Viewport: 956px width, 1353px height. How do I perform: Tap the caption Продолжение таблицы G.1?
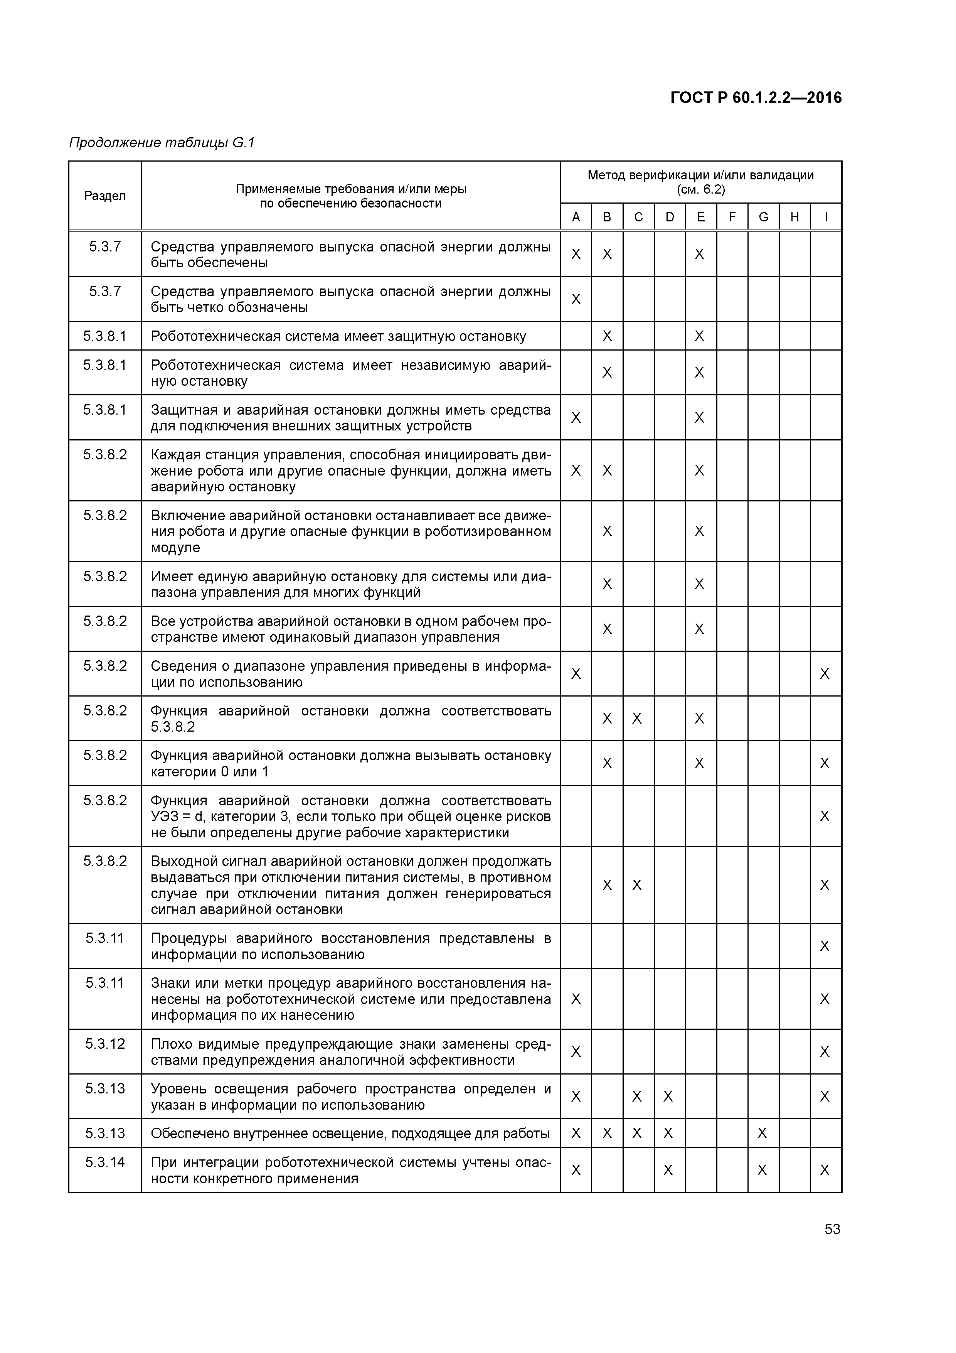[162, 143]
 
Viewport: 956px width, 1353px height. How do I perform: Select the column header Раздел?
[105, 196]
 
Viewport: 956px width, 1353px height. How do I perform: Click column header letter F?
[732, 217]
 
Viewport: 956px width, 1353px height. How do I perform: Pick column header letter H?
[794, 217]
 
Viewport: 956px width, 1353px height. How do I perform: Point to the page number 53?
[832, 1229]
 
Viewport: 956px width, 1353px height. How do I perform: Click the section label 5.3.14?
[105, 1162]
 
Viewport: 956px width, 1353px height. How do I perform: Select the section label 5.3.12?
[105, 1044]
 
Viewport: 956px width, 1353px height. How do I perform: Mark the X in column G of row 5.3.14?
[762, 1170]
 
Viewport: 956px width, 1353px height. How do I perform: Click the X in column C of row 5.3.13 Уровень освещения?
[637, 1097]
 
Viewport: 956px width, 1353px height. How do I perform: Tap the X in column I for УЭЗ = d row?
[825, 816]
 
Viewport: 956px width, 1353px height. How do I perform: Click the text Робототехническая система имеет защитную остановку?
[338, 336]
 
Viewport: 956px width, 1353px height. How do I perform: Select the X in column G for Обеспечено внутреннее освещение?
[762, 1133]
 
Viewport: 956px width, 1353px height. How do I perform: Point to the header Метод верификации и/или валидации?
[700, 175]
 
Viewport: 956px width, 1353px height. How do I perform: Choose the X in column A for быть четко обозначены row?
[576, 299]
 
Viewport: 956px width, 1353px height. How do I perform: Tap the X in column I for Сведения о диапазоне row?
[825, 673]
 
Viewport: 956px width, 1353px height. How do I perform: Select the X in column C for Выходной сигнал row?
[637, 885]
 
